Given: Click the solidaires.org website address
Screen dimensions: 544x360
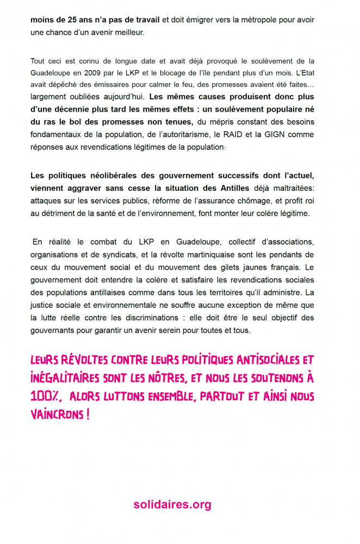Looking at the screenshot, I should [x=172, y=505].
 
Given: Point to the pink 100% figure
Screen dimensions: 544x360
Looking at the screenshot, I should [x=45, y=397].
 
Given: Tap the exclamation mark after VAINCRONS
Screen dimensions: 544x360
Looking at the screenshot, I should [x=88, y=415].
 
